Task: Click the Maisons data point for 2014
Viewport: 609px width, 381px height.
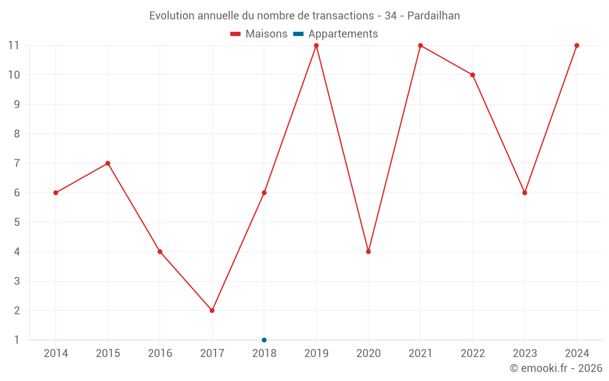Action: point(55,193)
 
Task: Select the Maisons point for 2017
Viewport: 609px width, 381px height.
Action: point(212,310)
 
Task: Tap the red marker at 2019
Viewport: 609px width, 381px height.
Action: point(316,46)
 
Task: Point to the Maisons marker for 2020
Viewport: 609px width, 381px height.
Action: point(368,252)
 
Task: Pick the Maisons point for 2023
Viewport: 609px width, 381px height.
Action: point(524,193)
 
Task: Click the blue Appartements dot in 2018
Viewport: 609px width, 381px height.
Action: point(264,340)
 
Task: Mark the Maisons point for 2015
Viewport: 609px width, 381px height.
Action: point(108,163)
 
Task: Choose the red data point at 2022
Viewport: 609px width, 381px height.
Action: point(473,75)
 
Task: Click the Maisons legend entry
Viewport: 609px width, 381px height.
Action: point(259,34)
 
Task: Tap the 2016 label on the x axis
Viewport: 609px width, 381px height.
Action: point(160,354)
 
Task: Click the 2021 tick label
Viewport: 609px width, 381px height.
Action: point(420,354)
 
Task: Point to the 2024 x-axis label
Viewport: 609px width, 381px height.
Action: point(577,354)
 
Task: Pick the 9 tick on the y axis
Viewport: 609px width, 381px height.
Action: point(16,104)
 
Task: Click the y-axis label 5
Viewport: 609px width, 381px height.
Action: point(16,223)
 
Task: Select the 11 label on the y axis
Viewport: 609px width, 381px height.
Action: point(14,46)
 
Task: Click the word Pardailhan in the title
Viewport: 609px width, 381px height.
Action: point(434,16)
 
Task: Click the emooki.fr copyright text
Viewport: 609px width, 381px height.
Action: point(556,368)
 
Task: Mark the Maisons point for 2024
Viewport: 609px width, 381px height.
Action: point(577,46)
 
